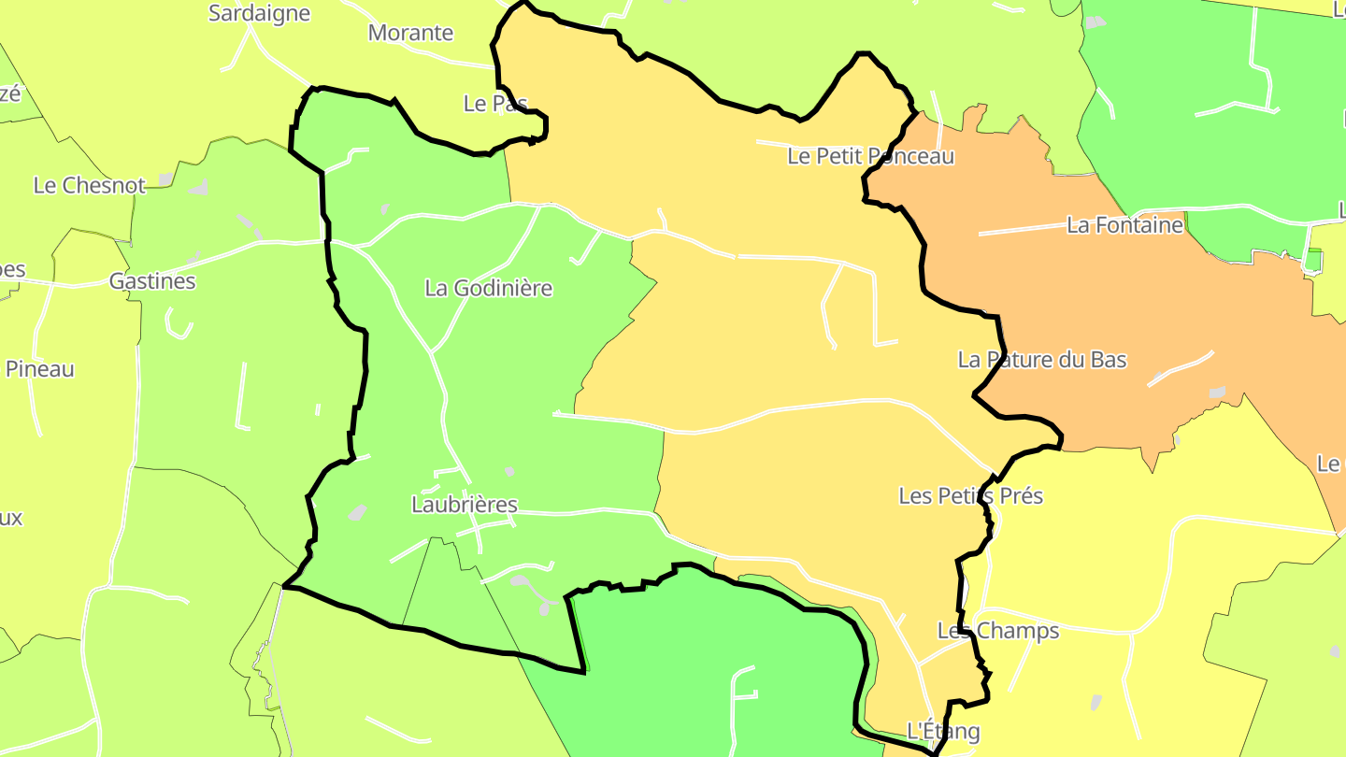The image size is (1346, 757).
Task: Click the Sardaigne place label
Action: pyautogui.click(x=259, y=13)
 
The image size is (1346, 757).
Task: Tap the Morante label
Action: pyautogui.click(x=410, y=33)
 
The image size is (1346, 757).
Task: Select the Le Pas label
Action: pyautogui.click(x=495, y=103)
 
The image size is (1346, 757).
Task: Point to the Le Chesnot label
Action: pyautogui.click(x=90, y=185)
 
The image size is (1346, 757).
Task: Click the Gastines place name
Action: pyautogui.click(x=152, y=280)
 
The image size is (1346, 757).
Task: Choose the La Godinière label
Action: pyautogui.click(x=488, y=288)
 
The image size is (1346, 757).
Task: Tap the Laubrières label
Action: pyautogui.click(x=464, y=505)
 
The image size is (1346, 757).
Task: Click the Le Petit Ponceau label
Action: pyautogui.click(x=870, y=156)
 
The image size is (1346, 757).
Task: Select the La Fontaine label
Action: pyautogui.click(x=1124, y=225)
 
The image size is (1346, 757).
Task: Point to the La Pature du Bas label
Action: pyautogui.click(x=1042, y=360)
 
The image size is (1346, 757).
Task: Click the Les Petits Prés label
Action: pyautogui.click(x=970, y=495)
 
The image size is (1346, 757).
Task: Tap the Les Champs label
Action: pyautogui.click(x=998, y=631)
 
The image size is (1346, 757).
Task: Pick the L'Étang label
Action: pyautogui.click(x=943, y=730)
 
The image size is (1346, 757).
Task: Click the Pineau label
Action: pyautogui.click(x=39, y=369)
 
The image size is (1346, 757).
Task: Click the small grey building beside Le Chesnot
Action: pyautogui.click(x=165, y=179)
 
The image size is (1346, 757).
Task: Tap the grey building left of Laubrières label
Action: pyautogui.click(x=357, y=512)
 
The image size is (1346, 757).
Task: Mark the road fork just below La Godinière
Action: pyautogui.click(x=431, y=352)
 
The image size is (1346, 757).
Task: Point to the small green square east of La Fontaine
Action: pyautogui.click(x=1313, y=260)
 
